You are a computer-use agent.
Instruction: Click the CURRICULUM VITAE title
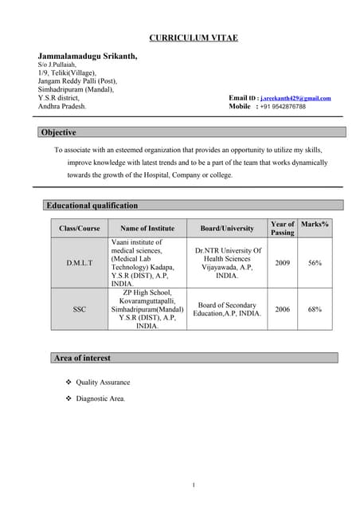[x=193, y=39]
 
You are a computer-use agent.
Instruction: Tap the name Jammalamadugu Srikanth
[x=88, y=57]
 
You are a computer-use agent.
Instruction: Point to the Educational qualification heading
[x=92, y=205]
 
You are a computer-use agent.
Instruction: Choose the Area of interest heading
[x=82, y=358]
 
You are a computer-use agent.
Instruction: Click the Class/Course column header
[x=80, y=229]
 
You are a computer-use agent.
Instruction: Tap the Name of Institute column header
[x=147, y=229]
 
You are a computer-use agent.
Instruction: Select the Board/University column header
[x=227, y=229]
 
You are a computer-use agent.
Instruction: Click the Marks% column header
[x=315, y=225]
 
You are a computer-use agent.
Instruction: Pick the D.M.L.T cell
[x=80, y=262]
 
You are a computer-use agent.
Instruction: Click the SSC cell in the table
[x=80, y=308]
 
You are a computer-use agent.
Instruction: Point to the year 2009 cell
[x=282, y=262]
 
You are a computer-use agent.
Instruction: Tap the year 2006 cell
[x=282, y=308]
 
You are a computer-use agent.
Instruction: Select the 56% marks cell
[x=315, y=262]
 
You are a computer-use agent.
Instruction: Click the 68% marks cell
[x=315, y=308]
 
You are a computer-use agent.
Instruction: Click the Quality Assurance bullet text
[x=103, y=382]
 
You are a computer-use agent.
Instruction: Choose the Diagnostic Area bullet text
[x=100, y=398]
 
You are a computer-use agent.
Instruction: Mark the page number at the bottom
[x=194, y=484]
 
